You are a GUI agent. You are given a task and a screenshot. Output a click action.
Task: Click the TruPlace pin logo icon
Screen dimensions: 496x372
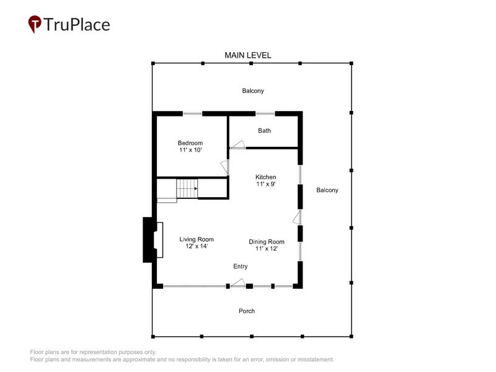coord(35,24)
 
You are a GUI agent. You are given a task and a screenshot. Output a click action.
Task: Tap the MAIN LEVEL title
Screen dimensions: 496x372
coord(247,55)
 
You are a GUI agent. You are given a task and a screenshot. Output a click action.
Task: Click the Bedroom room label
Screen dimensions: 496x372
coord(190,143)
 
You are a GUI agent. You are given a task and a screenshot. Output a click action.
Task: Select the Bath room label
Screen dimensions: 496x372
coord(265,131)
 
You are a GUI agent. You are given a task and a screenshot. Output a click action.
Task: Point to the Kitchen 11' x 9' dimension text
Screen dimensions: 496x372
coord(266,184)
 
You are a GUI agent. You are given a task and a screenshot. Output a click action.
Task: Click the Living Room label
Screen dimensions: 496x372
coord(197,239)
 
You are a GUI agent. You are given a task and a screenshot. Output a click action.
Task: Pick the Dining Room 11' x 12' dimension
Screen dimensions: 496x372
coord(267,249)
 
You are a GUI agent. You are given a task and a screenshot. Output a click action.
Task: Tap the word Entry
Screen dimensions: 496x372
coord(241,267)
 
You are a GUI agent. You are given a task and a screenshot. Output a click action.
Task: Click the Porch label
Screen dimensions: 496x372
coord(247,311)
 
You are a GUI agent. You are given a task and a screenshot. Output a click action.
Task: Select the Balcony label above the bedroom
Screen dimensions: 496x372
coord(253,91)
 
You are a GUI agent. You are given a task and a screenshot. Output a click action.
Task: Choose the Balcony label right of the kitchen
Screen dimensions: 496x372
coord(327,190)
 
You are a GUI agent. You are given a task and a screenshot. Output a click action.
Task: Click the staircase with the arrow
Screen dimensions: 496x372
coord(187,188)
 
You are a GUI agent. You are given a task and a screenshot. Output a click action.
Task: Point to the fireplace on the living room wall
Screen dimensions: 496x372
coord(153,240)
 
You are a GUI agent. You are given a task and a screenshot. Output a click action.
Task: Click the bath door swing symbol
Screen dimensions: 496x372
coord(237,145)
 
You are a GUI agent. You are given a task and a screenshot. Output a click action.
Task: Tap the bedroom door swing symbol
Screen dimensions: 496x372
coord(224,167)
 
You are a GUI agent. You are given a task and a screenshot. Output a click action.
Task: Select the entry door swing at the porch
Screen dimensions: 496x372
coord(237,283)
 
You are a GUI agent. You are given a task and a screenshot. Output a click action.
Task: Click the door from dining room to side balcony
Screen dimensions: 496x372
coord(297,218)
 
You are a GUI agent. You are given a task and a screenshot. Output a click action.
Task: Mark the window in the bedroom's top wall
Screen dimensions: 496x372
coord(192,113)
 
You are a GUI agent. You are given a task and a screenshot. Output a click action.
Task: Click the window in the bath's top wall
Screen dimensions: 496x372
coord(265,113)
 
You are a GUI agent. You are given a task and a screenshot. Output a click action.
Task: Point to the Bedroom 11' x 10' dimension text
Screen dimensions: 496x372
coord(190,150)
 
